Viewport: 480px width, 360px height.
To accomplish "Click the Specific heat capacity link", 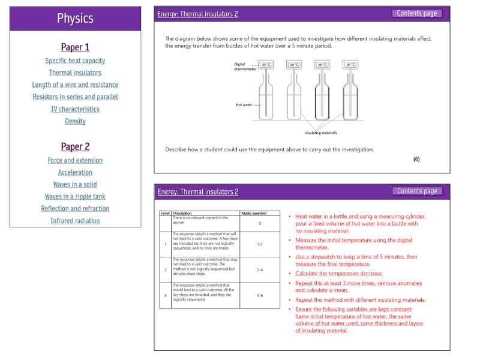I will [75, 61].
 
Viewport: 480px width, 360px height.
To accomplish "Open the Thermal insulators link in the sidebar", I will [75, 73].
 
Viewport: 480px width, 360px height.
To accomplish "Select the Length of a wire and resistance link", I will [75, 85].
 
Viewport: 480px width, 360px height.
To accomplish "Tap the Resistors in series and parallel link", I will [75, 97].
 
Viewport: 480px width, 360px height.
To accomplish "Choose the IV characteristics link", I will [75, 109].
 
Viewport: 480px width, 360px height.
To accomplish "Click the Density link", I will [75, 121].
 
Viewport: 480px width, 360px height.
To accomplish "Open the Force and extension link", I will [75, 160].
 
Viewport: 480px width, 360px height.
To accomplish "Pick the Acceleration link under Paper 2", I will [75, 172].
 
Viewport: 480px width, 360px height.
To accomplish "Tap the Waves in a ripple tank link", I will [75, 196].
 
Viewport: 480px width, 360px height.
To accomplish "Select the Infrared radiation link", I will [75, 221].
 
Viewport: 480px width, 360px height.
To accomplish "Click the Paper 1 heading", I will [75, 47].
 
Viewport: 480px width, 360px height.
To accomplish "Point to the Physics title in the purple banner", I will [75, 19].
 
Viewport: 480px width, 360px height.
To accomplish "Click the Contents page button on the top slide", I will [417, 13].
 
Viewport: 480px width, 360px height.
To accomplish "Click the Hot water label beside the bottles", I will [243, 104].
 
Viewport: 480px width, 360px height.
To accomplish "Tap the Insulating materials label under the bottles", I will [321, 133].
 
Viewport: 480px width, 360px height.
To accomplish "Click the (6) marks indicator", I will [416, 159].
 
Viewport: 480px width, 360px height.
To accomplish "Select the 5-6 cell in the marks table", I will [260, 296].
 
